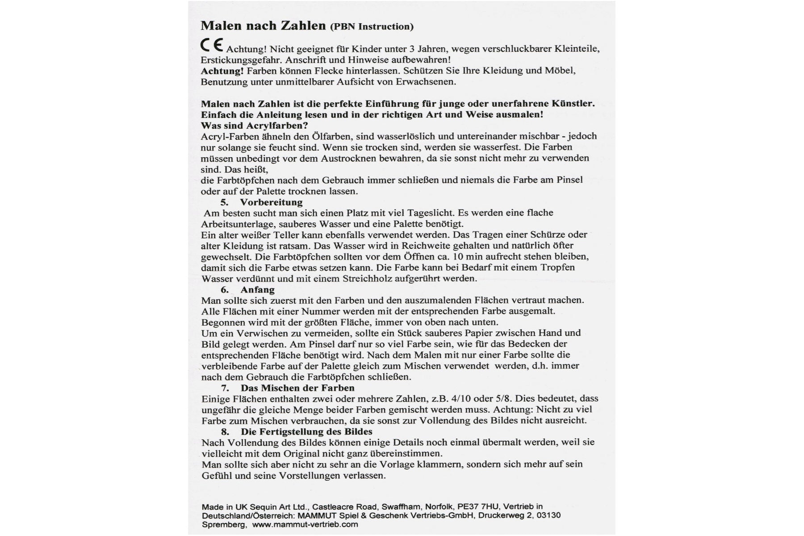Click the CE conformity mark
click(x=212, y=46)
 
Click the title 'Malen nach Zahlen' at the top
click(x=263, y=25)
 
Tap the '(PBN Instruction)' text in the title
click(x=372, y=26)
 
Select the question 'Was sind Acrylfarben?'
click(x=254, y=126)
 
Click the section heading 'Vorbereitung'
click(x=271, y=202)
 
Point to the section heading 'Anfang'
click(x=257, y=289)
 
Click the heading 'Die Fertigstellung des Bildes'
click(x=306, y=431)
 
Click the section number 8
click(x=225, y=431)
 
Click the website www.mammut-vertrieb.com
click(x=305, y=524)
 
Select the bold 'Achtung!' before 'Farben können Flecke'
click(x=222, y=71)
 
